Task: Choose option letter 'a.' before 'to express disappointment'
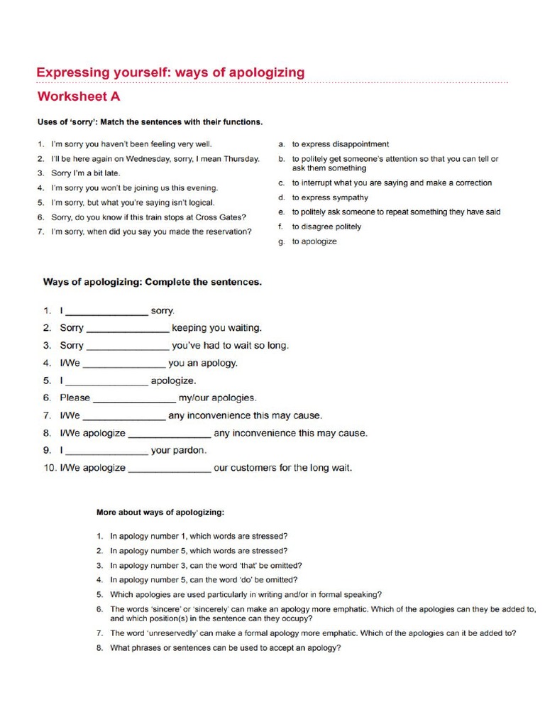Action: coord(282,144)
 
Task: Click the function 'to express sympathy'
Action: coord(330,197)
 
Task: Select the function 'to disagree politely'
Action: coord(326,226)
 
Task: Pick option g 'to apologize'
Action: coord(314,241)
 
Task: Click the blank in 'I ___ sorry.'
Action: coord(106,311)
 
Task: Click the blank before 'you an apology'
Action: coord(124,363)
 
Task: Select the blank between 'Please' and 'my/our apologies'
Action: coord(134,398)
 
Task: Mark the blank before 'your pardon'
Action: coord(106,450)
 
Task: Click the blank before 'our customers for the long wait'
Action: coord(169,468)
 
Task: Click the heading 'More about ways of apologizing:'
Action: coord(160,511)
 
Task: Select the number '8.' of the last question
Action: coord(100,647)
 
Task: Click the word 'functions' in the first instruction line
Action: coord(242,121)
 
